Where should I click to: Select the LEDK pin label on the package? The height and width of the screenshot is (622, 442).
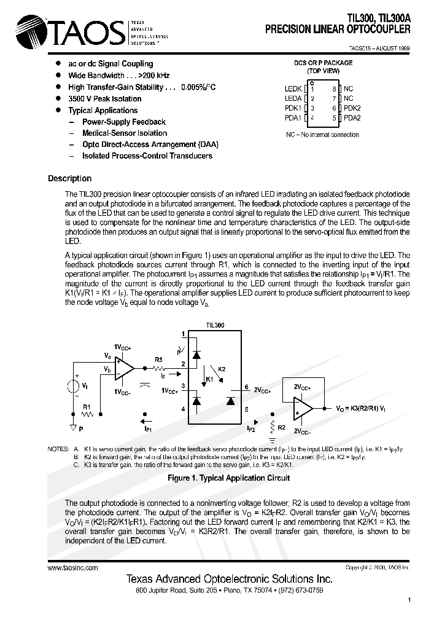pyautogui.click(x=293, y=89)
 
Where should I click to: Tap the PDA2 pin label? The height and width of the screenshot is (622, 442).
pyautogui.click(x=352, y=118)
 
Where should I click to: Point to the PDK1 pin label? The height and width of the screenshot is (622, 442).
pyautogui.click(x=293, y=108)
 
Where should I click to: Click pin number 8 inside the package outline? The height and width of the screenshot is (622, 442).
pyautogui.click(x=334, y=89)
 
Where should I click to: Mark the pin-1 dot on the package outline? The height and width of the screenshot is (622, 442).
pyautogui.click(x=312, y=82)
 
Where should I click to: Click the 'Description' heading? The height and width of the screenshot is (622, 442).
pyautogui.click(x=69, y=179)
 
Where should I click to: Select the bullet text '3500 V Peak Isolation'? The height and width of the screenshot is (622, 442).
pyautogui.click(x=104, y=99)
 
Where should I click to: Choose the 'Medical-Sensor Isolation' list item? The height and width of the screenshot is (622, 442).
pyautogui.click(x=125, y=133)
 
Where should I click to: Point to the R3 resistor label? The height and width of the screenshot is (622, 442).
pyautogui.click(x=158, y=360)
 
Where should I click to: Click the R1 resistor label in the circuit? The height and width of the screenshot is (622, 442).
pyautogui.click(x=87, y=407)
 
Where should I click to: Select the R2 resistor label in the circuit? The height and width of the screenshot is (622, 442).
pyautogui.click(x=282, y=427)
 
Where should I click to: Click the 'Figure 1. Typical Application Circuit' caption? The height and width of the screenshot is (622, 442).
pyautogui.click(x=228, y=478)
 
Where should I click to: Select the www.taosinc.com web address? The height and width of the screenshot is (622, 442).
pyautogui.click(x=72, y=569)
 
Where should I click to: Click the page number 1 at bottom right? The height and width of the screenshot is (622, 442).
pyautogui.click(x=409, y=600)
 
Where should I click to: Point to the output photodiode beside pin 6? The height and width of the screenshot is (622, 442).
pyautogui.click(x=230, y=401)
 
